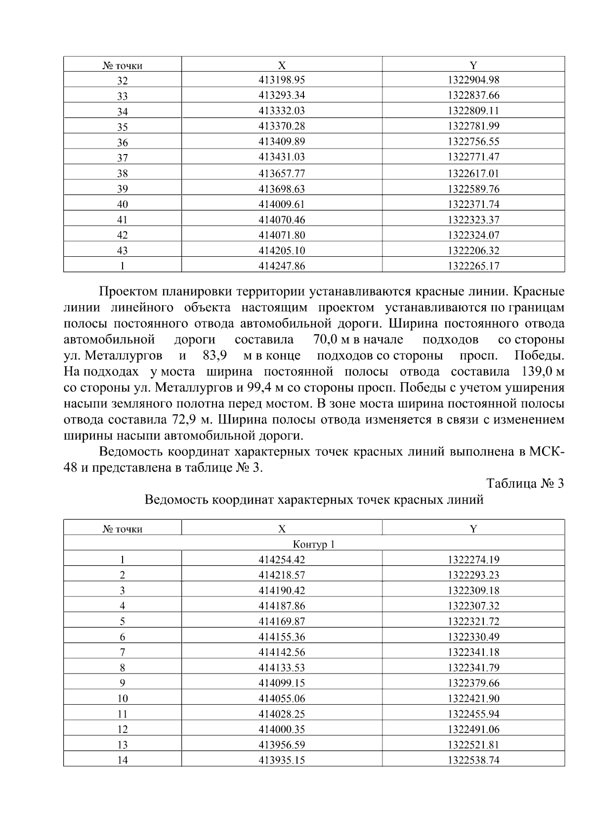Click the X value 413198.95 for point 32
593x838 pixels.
[282, 80]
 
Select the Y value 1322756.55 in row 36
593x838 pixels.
[473, 142]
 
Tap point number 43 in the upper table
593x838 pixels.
[122, 251]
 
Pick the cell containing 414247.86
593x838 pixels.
[282, 266]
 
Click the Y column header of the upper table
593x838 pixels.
[473, 65]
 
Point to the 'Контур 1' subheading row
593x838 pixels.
[314, 545]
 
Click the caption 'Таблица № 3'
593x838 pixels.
[525, 483]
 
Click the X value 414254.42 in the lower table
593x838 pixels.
[282, 560]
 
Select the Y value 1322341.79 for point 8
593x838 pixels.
[473, 668]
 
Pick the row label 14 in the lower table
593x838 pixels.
[122, 761]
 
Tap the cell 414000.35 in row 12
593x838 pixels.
[282, 730]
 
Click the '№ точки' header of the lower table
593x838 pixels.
[122, 529]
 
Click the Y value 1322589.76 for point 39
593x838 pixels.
[473, 189]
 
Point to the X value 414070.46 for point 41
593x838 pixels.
[282, 220]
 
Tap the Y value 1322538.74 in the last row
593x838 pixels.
[473, 761]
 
